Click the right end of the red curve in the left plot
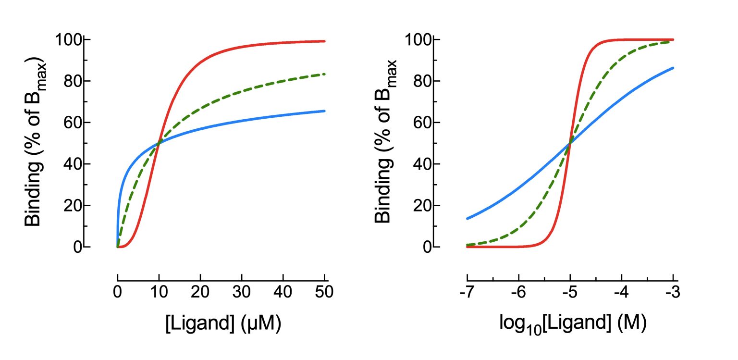click(325, 41)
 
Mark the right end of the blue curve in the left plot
click(325, 111)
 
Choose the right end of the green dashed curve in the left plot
click(325, 74)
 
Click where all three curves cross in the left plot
click(159, 143)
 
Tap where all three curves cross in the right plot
click(570, 143)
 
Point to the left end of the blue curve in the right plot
click(467, 219)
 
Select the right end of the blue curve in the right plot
click(673, 68)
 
